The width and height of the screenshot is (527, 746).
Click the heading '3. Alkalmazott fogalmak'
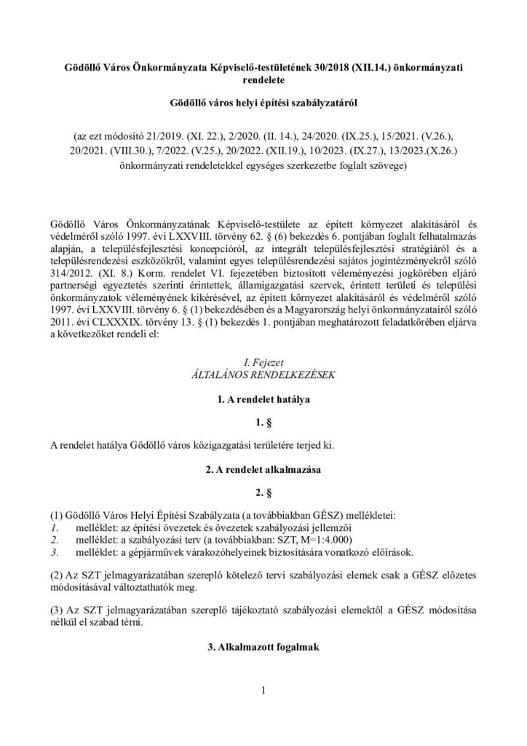[x=263, y=649]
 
